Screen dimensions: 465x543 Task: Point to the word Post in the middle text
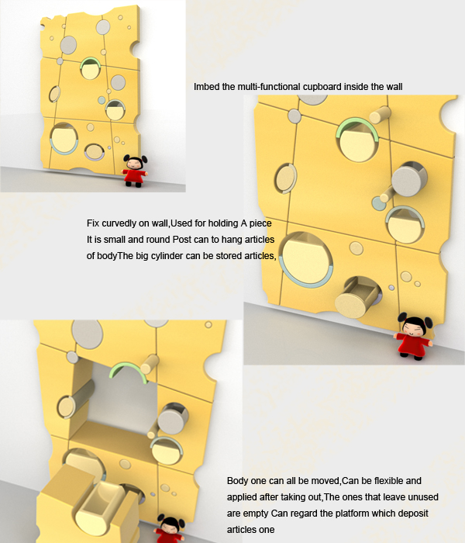click(182, 240)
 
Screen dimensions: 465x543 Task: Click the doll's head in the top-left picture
click(136, 161)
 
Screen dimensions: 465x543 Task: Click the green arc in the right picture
click(356, 126)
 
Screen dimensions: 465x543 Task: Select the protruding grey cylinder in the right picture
click(409, 179)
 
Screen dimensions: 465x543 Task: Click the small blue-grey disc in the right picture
click(378, 203)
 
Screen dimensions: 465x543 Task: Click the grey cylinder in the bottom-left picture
click(172, 418)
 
